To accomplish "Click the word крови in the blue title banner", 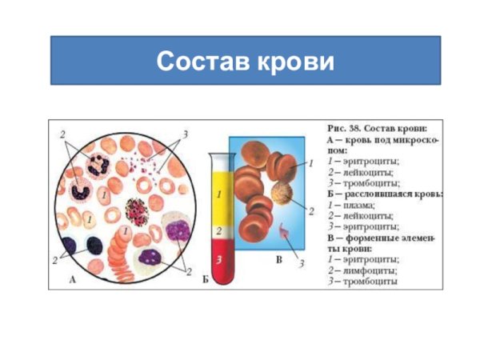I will click(296, 61).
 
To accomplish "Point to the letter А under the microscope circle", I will click(73, 280).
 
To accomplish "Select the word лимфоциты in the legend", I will click(369, 270).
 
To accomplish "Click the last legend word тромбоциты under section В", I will click(371, 282).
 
